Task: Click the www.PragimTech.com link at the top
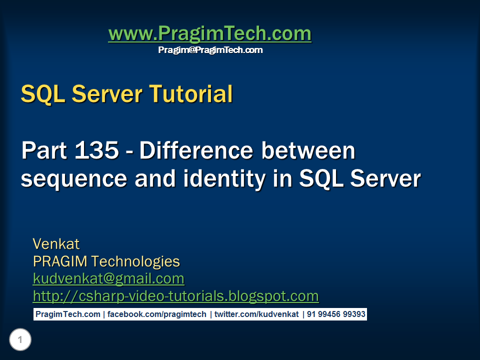(x=209, y=34)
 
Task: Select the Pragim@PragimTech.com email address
(x=210, y=50)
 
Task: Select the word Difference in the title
(x=197, y=151)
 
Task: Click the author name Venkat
(x=56, y=244)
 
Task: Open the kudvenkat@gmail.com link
(x=108, y=278)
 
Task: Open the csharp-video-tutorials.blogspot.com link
(x=175, y=296)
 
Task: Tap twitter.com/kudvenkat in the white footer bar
(x=256, y=314)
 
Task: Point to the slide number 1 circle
(x=20, y=340)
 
